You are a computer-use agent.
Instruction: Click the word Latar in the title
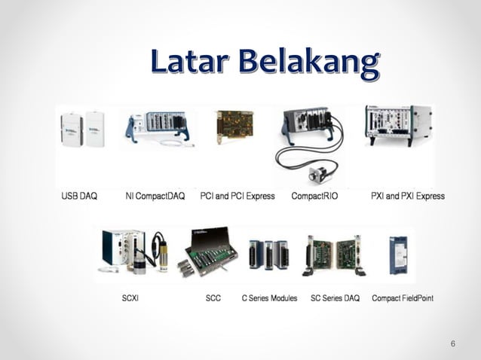tap(188, 63)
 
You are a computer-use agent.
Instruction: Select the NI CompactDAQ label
tap(155, 196)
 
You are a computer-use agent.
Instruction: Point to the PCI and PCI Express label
tap(237, 196)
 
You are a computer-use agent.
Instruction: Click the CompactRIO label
tap(315, 196)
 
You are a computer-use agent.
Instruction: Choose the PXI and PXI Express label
tap(408, 196)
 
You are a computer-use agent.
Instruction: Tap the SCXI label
tap(130, 298)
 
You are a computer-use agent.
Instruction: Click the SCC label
tap(213, 298)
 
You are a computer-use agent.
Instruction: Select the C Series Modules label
tap(269, 298)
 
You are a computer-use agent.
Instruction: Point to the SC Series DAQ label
tap(335, 298)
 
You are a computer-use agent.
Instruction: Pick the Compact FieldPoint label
tap(403, 298)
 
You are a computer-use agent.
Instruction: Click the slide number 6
tap(453, 344)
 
